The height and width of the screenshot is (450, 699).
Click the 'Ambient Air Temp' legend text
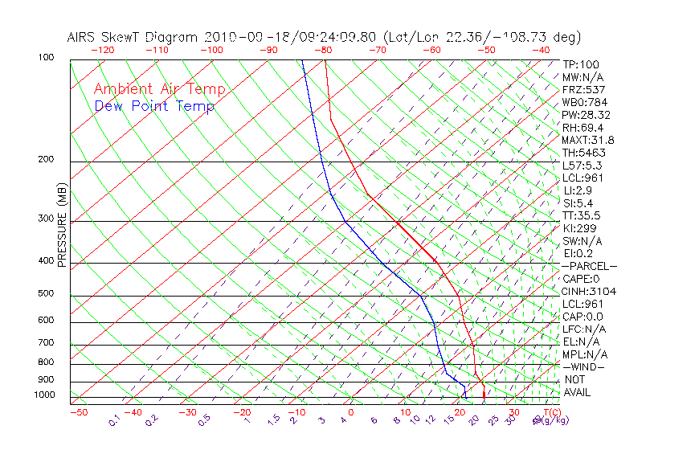159,90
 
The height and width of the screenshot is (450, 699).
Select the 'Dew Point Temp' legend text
154,106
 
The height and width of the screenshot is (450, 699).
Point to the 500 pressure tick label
45,293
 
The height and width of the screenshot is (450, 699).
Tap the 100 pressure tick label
45,58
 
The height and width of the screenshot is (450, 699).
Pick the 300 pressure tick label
45,219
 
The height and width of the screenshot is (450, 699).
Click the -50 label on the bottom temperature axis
78,412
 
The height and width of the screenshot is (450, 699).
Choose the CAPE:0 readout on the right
583,278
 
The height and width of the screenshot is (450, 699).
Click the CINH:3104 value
589,291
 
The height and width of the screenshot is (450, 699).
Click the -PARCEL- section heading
589,266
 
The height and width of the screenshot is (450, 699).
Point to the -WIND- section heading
583,366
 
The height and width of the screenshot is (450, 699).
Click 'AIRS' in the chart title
84,37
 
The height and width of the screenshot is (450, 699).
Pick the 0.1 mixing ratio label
114,420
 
